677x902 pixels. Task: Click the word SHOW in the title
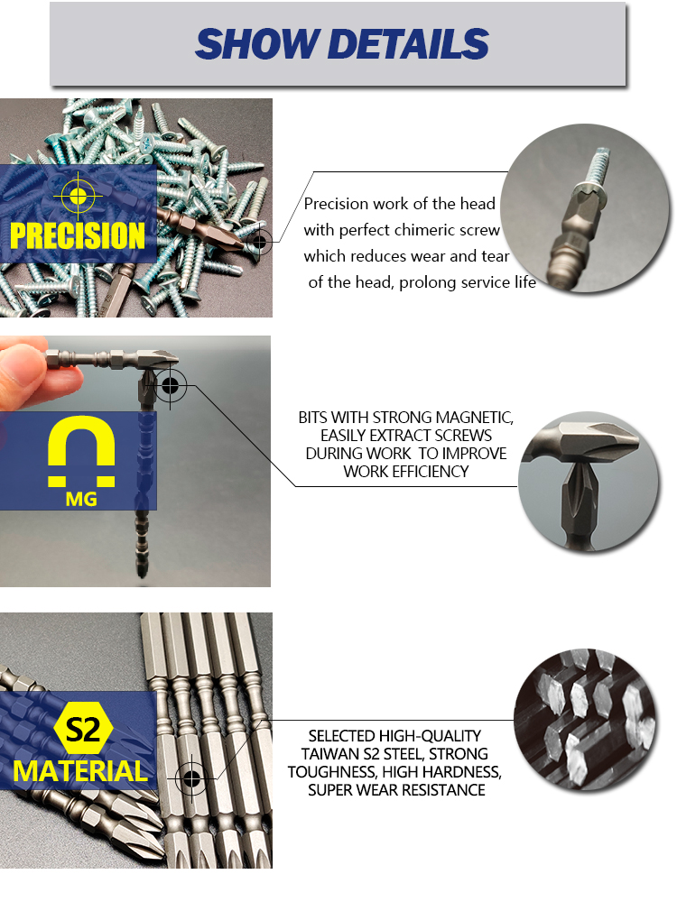coord(256,44)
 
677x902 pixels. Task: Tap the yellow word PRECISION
coord(78,235)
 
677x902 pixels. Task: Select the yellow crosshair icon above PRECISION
coord(78,197)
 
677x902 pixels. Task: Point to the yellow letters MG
coord(81,499)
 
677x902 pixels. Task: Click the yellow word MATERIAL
coord(80,771)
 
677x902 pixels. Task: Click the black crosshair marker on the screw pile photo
coord(260,242)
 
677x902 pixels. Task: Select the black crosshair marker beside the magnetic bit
coord(171,385)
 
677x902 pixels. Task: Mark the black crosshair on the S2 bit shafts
coord(191,779)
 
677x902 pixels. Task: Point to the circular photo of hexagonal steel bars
coord(585,720)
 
